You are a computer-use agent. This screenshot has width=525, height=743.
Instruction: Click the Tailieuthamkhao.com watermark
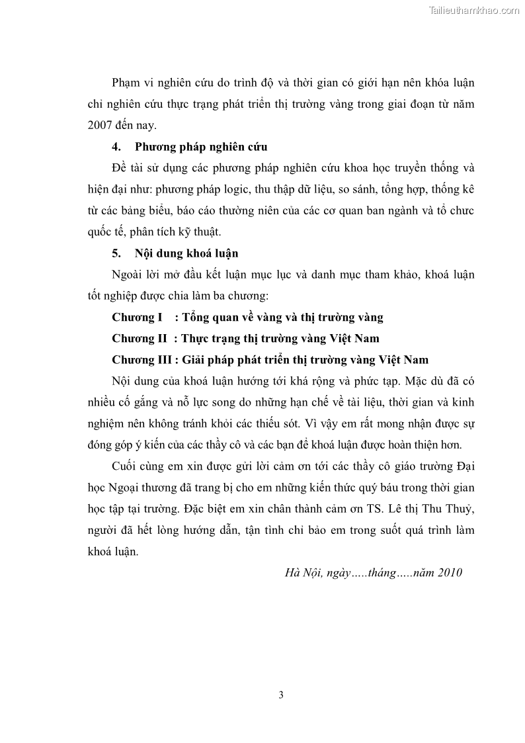[x=474, y=10]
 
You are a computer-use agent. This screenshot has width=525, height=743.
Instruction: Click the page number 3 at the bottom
[x=281, y=695]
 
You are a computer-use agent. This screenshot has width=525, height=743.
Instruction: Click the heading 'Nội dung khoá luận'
[x=186, y=253]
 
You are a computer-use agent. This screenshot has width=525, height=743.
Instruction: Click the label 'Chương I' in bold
[x=137, y=317]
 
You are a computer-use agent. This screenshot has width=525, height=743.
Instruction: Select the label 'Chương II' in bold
[x=139, y=338]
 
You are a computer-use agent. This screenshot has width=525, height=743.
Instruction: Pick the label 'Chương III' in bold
[x=141, y=360]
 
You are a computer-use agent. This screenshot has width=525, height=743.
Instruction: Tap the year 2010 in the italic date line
[x=449, y=573]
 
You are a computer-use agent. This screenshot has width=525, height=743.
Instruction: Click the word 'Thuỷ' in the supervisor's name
[x=458, y=509]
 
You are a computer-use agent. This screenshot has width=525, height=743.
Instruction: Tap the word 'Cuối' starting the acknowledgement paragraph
[x=126, y=467]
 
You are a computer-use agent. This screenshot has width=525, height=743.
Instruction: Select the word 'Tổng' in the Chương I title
[x=196, y=317]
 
